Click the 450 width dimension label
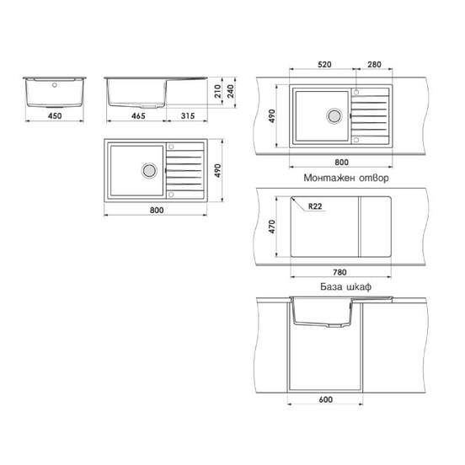point(55,115)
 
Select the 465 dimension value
point(138,115)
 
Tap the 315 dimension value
point(188,115)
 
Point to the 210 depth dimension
point(217,91)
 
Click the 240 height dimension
point(231,91)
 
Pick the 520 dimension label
point(324,64)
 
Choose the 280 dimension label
point(374,64)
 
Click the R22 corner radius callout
point(315,206)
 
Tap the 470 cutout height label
point(272,227)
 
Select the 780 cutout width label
point(339,272)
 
